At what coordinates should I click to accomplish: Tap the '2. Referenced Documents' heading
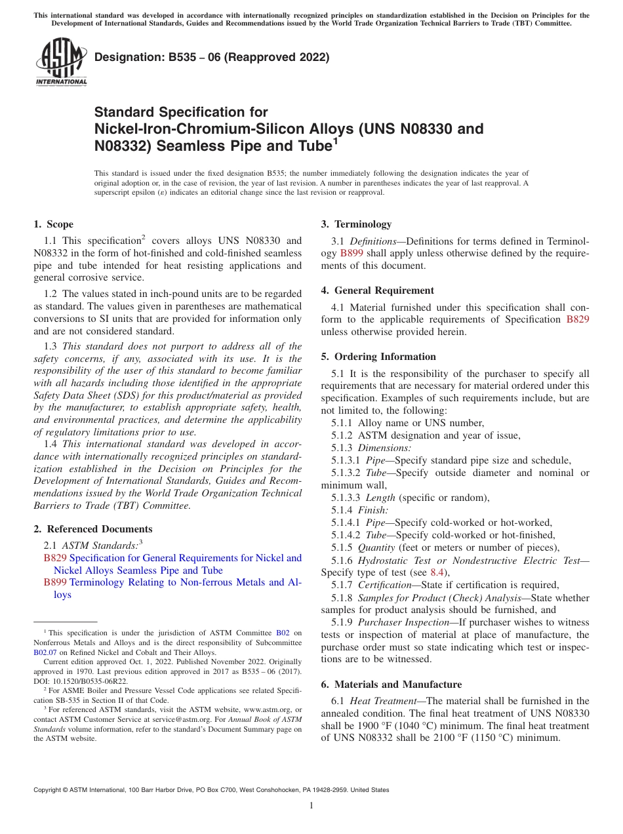(x=92, y=529)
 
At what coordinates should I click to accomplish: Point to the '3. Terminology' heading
(x=356, y=224)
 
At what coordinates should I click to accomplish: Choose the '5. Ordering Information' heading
(x=378, y=357)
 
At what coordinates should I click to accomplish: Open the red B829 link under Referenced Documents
(x=55, y=558)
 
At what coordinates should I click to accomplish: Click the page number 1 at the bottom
(x=311, y=806)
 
